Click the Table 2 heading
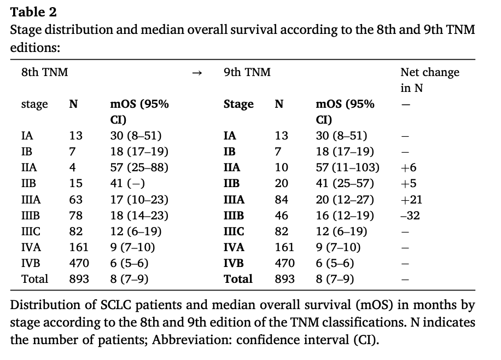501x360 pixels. pyautogui.click(x=33, y=12)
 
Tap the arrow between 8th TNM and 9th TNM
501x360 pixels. pyautogui.click(x=197, y=73)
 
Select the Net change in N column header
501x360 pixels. pyautogui.click(x=430, y=80)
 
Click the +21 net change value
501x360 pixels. pyautogui.click(x=411, y=200)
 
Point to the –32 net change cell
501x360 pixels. pyautogui.click(x=410, y=216)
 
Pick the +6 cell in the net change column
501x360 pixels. pyautogui.click(x=409, y=167)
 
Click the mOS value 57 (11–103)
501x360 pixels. pyautogui.click(x=348, y=167)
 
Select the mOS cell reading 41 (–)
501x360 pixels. pyautogui.click(x=127, y=183)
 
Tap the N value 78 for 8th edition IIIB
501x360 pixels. pyautogui.click(x=75, y=216)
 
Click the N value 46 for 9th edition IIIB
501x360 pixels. pyautogui.click(x=282, y=216)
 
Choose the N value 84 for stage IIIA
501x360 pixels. pyautogui.click(x=282, y=200)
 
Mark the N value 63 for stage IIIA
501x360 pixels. pyautogui.click(x=75, y=200)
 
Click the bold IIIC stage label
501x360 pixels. pyautogui.click(x=234, y=231)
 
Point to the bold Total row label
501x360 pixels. pyautogui.click(x=238, y=279)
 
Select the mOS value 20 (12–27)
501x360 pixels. pyautogui.click(x=345, y=200)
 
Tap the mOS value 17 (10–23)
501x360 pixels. pyautogui.click(x=139, y=200)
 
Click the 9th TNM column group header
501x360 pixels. pyautogui.click(x=247, y=72)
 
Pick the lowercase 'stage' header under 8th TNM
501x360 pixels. pyautogui.click(x=34, y=104)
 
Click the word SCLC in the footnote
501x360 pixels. pyautogui.click(x=115, y=305)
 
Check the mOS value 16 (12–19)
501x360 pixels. pyautogui.click(x=345, y=216)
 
